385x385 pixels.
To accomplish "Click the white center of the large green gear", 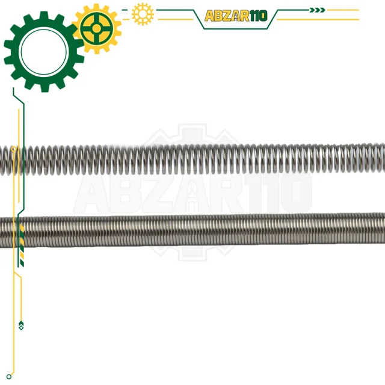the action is point(44,51).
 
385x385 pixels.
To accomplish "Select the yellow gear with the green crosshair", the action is point(97,29).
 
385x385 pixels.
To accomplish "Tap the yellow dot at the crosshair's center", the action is point(97,28).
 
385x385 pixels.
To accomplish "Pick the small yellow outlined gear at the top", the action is point(143,14).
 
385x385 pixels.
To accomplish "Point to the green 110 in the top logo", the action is point(258,16).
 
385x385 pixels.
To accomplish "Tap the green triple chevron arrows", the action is point(317,10).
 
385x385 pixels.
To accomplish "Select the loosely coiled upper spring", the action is point(192,159).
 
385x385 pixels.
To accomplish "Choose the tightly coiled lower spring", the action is point(192,230).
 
